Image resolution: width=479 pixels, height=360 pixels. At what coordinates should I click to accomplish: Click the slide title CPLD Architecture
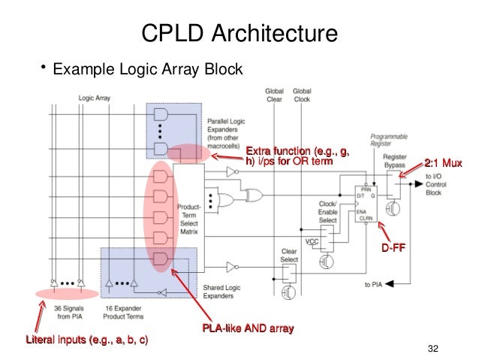point(239,33)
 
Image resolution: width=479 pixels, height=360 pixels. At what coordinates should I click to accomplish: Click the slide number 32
point(431,347)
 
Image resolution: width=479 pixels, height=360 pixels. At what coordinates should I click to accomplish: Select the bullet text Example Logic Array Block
point(146,71)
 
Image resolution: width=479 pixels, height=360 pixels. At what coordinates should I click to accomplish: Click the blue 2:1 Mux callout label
point(443,163)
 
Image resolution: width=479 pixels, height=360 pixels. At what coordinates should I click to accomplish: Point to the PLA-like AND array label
point(247,329)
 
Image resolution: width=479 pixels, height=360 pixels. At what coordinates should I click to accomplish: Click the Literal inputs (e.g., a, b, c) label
point(87,342)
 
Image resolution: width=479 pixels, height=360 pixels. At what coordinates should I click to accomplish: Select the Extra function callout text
point(297,156)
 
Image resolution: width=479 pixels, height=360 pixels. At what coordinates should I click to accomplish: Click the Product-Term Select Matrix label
point(188,218)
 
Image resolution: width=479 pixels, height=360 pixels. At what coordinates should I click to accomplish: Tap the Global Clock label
point(303,94)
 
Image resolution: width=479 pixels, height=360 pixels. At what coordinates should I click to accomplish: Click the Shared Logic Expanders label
point(222,291)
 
